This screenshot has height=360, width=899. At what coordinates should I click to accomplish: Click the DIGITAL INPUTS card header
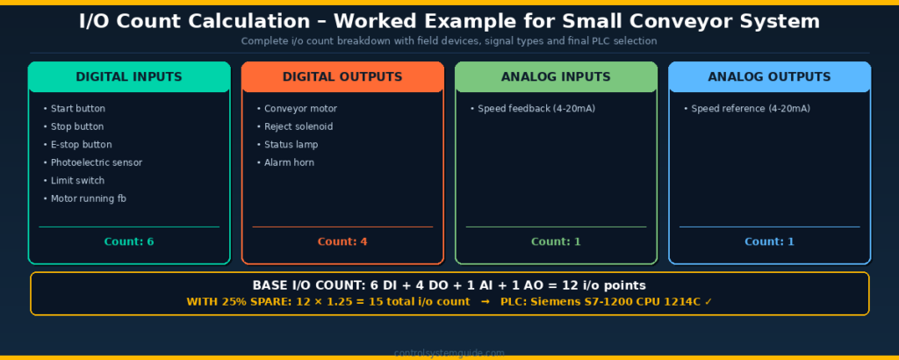click(x=129, y=77)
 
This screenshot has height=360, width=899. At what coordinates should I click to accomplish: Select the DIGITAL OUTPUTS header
click(x=342, y=77)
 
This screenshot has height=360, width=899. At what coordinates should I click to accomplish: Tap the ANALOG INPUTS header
click(x=556, y=77)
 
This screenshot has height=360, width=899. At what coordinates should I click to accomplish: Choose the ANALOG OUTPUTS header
click(x=769, y=77)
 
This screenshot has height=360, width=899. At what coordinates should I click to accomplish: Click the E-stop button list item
click(x=81, y=145)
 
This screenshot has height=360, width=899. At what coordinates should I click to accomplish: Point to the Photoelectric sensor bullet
click(x=96, y=162)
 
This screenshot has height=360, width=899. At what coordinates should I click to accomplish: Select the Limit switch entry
click(x=77, y=181)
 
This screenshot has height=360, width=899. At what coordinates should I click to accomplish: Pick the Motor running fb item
click(x=88, y=198)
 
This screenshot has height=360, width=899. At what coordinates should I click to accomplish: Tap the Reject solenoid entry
click(x=298, y=126)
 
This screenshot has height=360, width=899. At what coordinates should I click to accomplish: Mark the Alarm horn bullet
click(x=289, y=162)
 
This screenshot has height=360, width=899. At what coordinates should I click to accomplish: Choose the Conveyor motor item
click(x=300, y=109)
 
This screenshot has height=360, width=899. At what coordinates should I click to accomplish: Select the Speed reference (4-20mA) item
click(x=750, y=109)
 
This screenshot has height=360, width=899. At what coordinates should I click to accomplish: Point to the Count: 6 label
click(x=129, y=241)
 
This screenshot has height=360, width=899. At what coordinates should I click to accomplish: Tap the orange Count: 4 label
click(x=342, y=241)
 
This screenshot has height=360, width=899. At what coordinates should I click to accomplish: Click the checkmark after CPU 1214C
click(x=708, y=302)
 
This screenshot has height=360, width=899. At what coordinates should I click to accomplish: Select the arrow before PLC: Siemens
click(x=485, y=302)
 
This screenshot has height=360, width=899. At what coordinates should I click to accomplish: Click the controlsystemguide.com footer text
click(x=449, y=353)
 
